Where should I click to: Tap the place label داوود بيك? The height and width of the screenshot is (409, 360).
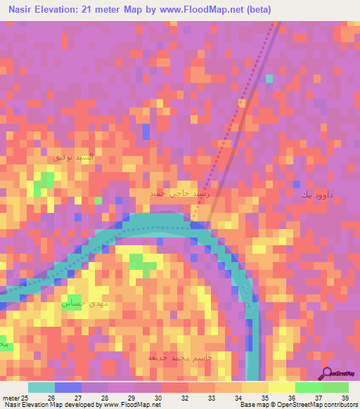pyautogui.click(x=316, y=193)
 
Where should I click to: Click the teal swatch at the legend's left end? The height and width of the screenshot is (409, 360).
pyautogui.click(x=41, y=387)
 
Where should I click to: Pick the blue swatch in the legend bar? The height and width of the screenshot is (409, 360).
pyautogui.click(x=67, y=387)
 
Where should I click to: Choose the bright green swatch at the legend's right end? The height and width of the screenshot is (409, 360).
pyautogui.click(x=335, y=387)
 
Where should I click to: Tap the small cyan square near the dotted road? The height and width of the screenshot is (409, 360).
pyautogui.click(x=269, y=78)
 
